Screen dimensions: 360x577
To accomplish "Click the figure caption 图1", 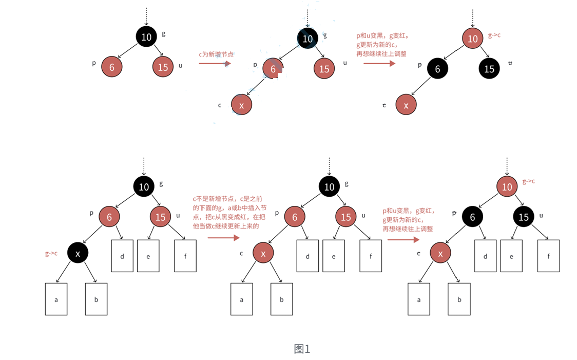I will pyautogui.click(x=302, y=349).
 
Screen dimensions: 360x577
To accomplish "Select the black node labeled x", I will pyautogui.click(x=78, y=253).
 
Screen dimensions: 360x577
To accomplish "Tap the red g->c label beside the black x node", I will pyautogui.click(x=51, y=253).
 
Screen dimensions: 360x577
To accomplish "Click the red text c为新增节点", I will pyautogui.click(x=216, y=54).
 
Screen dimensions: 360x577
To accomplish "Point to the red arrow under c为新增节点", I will pyautogui.click(x=215, y=64).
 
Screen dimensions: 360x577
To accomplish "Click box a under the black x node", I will pyautogui.click(x=56, y=298).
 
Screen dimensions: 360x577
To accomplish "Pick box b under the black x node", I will pyautogui.click(x=96, y=298).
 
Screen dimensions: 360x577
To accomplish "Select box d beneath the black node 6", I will pyautogui.click(x=486, y=255).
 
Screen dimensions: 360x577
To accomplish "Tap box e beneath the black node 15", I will pyautogui.click(x=511, y=255).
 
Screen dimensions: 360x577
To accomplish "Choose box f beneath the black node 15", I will pyautogui.click(x=549, y=255).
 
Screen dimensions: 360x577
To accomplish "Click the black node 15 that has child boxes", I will pyautogui.click(x=524, y=217).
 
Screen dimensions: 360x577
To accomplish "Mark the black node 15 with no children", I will pyautogui.click(x=489, y=68).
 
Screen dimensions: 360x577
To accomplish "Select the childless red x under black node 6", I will pyautogui.click(x=406, y=105).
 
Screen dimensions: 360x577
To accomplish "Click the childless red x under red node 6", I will pyautogui.click(x=241, y=105).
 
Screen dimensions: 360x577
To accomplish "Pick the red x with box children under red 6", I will pyautogui.click(x=263, y=253).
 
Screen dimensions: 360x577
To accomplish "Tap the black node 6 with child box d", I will pyautogui.click(x=472, y=217).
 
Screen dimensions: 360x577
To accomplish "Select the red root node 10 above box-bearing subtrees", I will pyautogui.click(x=507, y=187).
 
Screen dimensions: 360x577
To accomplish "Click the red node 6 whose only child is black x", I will pyautogui.click(x=109, y=217).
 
